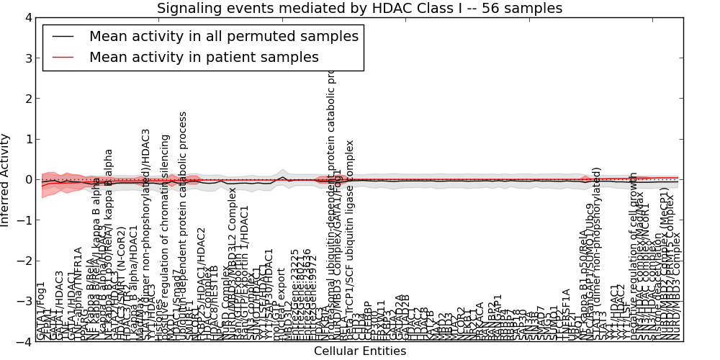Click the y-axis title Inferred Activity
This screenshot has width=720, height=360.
tap(6, 180)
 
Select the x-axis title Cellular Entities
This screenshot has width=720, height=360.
tap(360, 351)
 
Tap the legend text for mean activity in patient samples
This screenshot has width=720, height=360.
tap(204, 57)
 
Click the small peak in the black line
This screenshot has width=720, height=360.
tap(283, 177)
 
